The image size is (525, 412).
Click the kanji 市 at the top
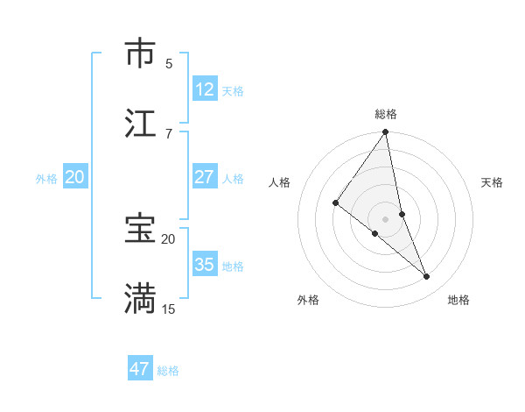click(x=140, y=54)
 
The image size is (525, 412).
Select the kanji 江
click(x=140, y=124)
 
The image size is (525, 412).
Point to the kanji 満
click(x=140, y=298)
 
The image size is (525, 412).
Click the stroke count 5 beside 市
click(x=169, y=63)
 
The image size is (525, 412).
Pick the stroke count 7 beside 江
click(x=169, y=133)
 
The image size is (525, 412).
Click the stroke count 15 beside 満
click(x=169, y=309)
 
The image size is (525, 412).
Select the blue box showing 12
click(x=205, y=89)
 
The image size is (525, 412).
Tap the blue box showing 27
click(x=205, y=177)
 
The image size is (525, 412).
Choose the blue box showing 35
click(x=205, y=265)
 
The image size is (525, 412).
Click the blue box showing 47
click(x=140, y=369)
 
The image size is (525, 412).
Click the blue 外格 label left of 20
click(x=46, y=178)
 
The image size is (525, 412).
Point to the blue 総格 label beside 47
click(x=168, y=371)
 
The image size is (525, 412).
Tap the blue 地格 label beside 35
click(x=233, y=266)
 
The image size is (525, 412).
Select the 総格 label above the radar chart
click(x=386, y=114)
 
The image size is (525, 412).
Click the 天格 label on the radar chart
click(x=492, y=182)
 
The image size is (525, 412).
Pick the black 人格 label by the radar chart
click(x=280, y=182)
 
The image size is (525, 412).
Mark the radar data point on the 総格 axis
click(x=385, y=133)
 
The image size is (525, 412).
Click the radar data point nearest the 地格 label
click(x=427, y=276)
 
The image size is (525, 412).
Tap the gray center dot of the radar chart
click(x=385, y=218)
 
